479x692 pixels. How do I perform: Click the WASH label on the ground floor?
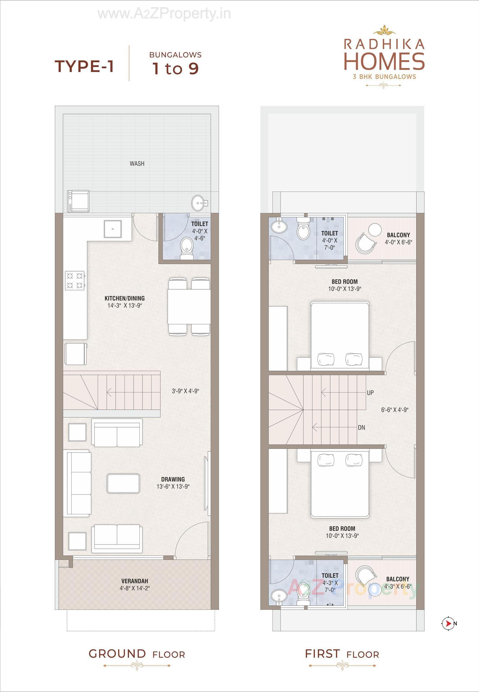coord(137,164)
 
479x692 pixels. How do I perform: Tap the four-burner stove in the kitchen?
coord(75,280)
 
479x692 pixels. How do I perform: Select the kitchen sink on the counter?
coord(113,229)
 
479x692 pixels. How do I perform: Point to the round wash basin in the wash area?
coord(198,203)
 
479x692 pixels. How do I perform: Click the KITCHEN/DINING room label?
coord(125,298)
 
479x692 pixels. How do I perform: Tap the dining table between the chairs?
coord(189,306)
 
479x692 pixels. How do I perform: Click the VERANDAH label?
coord(135,581)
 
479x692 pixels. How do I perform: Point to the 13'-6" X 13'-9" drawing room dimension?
coord(173,486)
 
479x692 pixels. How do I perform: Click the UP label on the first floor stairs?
coord(370,393)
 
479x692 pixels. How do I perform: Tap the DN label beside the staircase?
coord(361,427)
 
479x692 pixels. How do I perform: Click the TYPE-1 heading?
coord(84,66)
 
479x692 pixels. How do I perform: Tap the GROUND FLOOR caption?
coord(137,654)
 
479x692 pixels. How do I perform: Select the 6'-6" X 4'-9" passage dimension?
coord(395,410)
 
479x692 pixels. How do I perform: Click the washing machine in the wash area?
coord(78,201)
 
